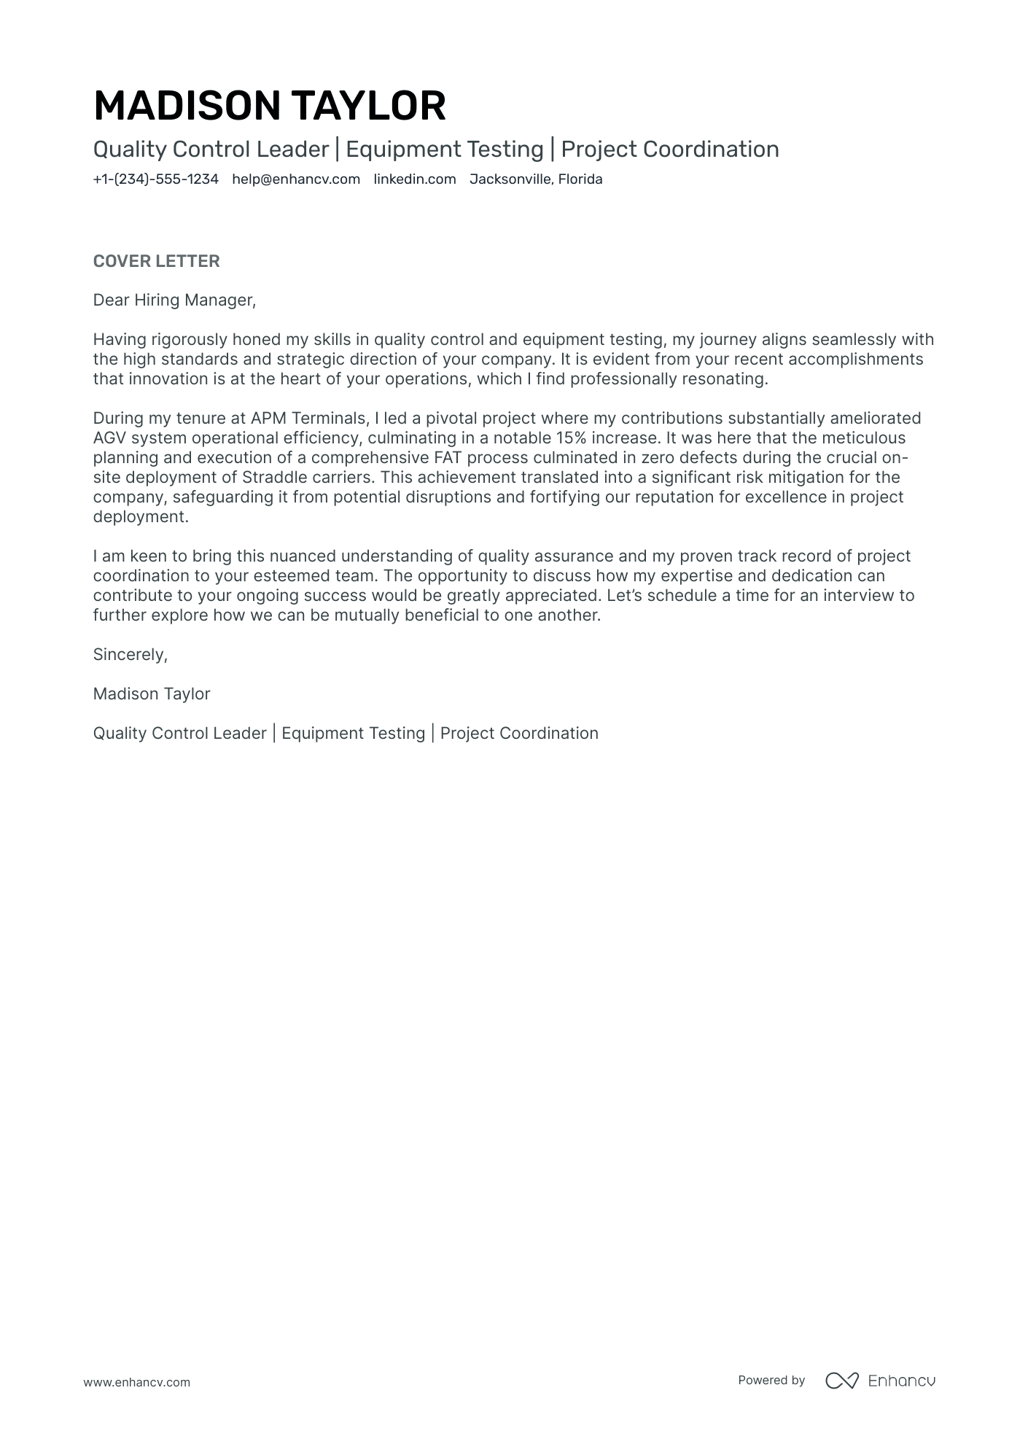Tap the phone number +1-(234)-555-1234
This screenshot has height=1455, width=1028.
155,179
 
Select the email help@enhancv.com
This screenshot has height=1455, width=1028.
296,179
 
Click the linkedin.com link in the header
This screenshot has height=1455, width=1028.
415,179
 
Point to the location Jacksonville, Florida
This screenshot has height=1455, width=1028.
536,179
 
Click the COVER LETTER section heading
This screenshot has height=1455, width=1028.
156,261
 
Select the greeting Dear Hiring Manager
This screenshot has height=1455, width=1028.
174,300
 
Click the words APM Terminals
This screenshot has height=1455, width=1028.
310,419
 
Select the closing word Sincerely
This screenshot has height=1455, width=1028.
130,655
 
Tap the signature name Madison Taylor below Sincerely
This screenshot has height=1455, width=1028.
152,694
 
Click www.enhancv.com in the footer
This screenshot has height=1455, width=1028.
136,1382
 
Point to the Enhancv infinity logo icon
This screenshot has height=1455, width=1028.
841,1381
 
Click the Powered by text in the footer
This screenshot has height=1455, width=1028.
771,1381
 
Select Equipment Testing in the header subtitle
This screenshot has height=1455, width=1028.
444,150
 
